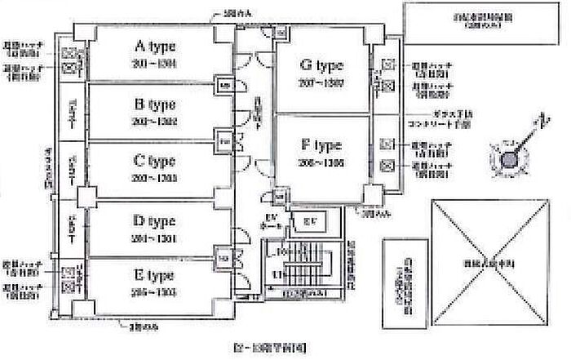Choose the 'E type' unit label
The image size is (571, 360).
click(x=153, y=276)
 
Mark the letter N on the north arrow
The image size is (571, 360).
click(x=538, y=122)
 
